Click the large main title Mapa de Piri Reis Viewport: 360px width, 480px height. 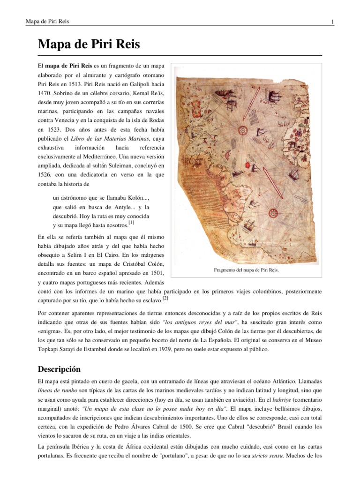89,45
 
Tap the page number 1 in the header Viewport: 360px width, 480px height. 332,22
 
